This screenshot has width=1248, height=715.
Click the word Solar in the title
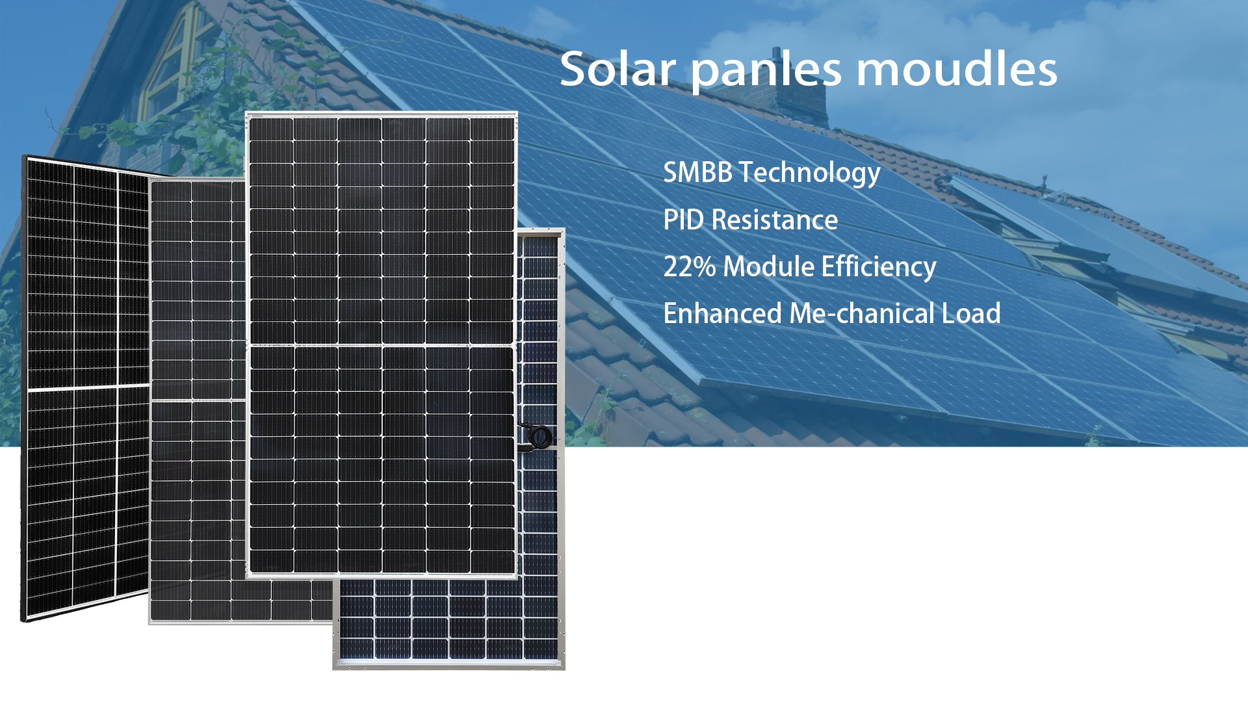tap(617, 69)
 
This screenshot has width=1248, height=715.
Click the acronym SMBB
tap(697, 172)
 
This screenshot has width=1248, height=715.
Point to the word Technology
tap(809, 174)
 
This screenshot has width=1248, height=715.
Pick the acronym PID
tap(684, 220)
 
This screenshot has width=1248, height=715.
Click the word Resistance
tap(774, 220)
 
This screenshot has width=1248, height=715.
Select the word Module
tap(768, 266)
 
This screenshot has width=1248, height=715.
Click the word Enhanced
tap(722, 313)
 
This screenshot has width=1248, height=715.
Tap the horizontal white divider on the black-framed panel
tap(88, 388)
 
